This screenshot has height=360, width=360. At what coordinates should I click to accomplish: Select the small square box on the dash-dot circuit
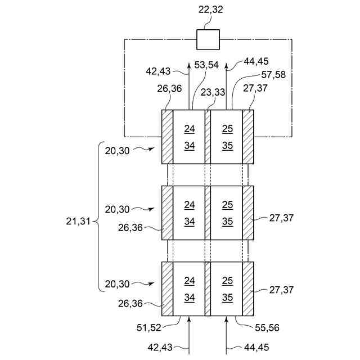click(208, 39)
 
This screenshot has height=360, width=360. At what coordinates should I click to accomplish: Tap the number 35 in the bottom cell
click(227, 298)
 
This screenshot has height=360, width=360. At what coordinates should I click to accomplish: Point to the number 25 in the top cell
click(227, 129)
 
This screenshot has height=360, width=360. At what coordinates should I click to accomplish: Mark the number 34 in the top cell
click(190, 146)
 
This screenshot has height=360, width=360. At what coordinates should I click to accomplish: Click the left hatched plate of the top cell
click(167, 136)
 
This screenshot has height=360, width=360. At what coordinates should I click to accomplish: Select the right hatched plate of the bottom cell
click(248, 288)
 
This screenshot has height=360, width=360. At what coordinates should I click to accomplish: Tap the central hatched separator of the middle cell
click(208, 213)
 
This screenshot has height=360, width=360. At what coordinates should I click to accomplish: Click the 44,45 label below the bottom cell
click(257, 347)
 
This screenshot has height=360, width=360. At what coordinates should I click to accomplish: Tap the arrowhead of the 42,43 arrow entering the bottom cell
click(190, 319)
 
